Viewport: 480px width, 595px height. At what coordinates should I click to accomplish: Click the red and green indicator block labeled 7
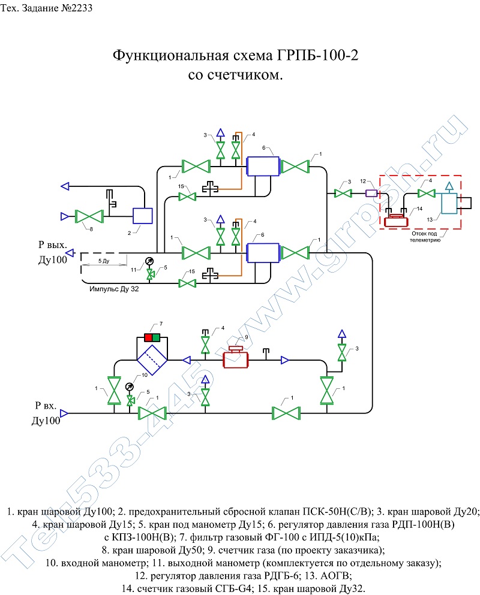pos(152,337)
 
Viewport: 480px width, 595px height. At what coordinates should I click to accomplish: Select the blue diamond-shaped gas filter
pos(152,360)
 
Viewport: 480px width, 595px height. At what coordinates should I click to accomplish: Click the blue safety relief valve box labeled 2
pos(143,216)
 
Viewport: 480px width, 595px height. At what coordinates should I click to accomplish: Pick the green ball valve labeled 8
pos(89,216)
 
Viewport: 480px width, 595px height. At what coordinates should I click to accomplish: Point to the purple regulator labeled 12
pos(371,193)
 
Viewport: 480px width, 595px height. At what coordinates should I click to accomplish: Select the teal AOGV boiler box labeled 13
pos(449,203)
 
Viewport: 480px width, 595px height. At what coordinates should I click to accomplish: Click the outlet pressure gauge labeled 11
pos(150,261)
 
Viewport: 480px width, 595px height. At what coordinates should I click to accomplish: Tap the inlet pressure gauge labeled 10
pos(130,386)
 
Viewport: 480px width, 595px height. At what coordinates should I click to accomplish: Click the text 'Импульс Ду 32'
pos(114,289)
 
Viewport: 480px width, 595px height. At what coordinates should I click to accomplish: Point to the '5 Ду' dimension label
pos(104,261)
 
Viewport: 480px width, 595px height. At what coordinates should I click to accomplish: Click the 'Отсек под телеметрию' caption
pos(425,237)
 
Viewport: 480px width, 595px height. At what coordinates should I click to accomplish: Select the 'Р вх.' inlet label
pos(46,405)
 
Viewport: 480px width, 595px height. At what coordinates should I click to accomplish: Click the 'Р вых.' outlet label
pos(52,244)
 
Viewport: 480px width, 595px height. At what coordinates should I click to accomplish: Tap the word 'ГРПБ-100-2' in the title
pos(317,55)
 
